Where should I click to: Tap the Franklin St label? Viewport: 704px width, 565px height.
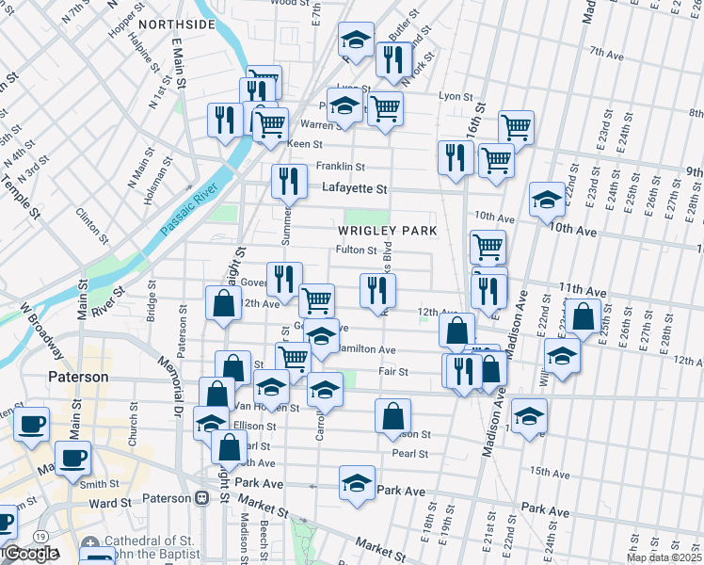(339, 167)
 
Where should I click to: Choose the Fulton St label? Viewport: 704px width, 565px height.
(357, 251)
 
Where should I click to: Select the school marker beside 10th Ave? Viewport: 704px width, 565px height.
(547, 200)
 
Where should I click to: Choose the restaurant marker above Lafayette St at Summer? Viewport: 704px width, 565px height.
(290, 181)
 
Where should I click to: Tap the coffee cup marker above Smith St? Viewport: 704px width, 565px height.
(72, 459)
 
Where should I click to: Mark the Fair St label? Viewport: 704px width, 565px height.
(392, 372)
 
